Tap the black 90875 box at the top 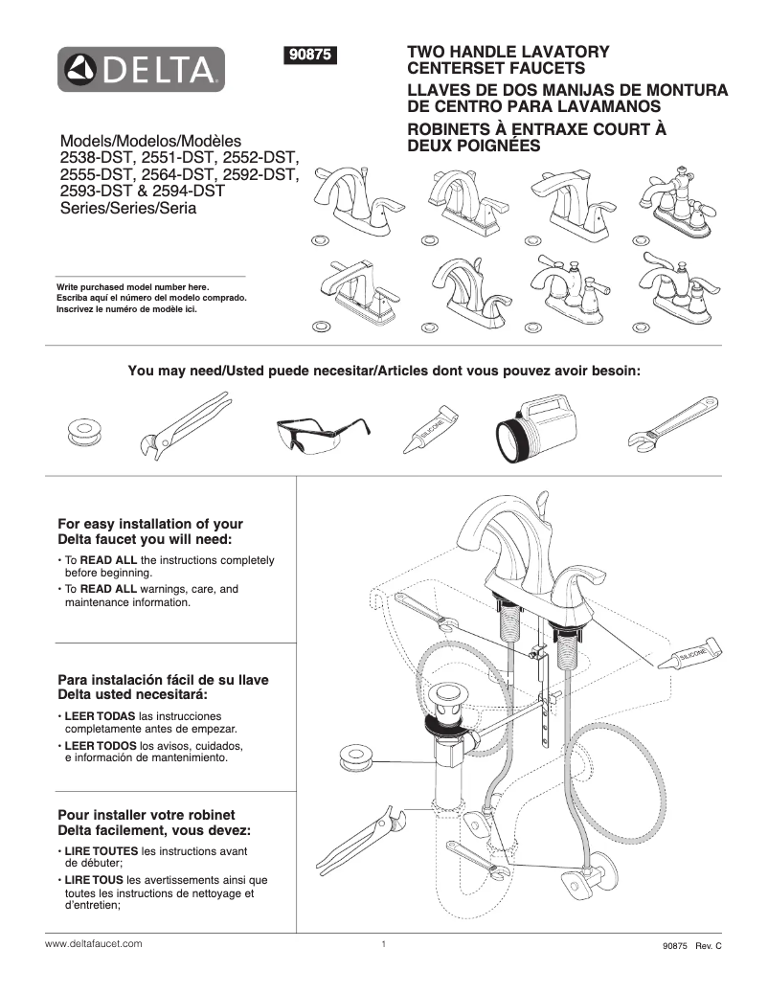pos(310,56)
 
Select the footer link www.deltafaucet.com pos(94,943)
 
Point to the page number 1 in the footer pos(383,944)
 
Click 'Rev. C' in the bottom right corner pos(708,945)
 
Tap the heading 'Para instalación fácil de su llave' pos(163,679)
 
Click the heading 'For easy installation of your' pos(150,524)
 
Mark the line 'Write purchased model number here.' pos(132,287)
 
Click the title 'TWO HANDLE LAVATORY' pos(508,52)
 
